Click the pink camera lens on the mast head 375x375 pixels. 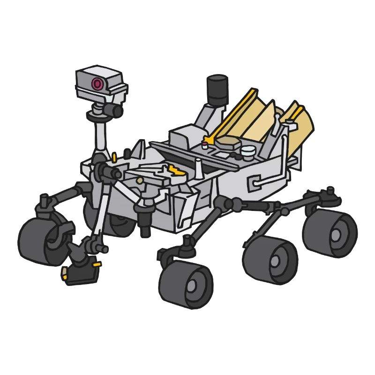97,84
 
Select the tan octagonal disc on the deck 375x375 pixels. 229,142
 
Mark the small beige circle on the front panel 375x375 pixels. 140,180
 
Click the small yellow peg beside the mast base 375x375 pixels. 114,156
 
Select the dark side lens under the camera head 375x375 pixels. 114,111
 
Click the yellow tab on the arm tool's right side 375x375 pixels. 97,264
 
